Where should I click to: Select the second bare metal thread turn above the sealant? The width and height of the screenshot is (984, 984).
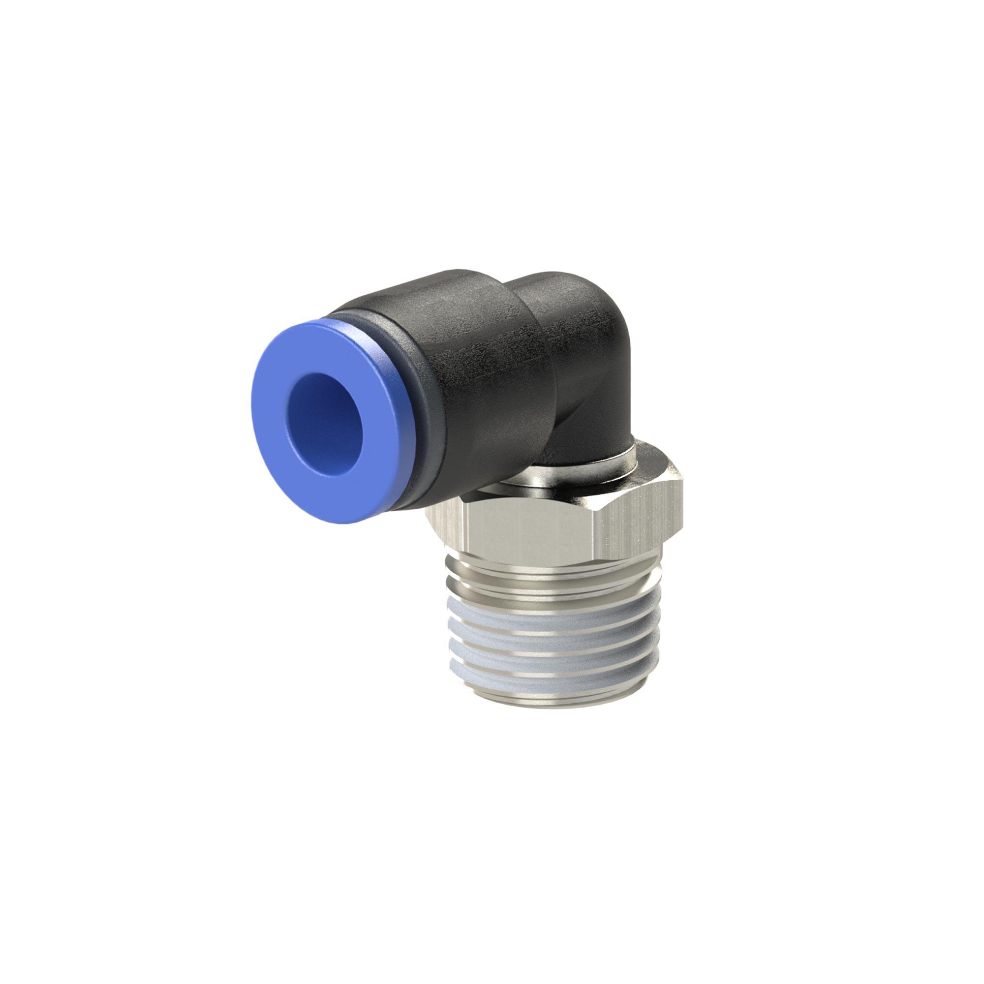coord(550,585)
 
